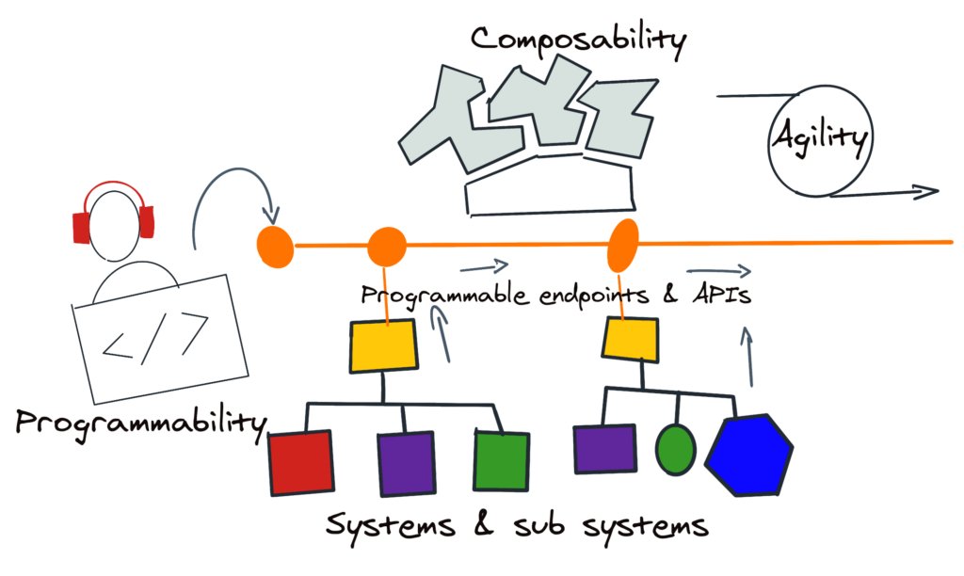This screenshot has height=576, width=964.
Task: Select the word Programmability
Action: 140,421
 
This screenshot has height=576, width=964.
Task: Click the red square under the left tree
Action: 300,462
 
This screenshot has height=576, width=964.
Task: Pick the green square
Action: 501,460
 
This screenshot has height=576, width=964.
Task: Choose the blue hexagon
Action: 750,455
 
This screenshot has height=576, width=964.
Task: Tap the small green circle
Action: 675,448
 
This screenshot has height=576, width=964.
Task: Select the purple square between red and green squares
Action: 406,463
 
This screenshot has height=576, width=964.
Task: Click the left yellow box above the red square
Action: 383,344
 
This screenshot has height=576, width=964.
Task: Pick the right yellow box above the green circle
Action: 631,339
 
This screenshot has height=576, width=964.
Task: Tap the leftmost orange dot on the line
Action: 275,245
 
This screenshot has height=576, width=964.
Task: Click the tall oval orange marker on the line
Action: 623,244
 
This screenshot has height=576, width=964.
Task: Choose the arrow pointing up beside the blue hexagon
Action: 751,356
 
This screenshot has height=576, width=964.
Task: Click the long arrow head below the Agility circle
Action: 927,192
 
